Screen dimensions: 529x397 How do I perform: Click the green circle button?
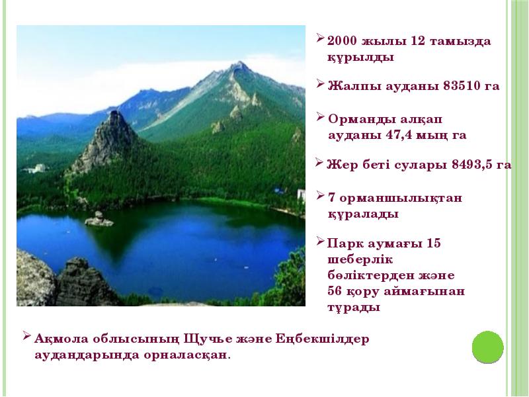487,347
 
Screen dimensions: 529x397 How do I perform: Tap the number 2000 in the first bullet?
342,41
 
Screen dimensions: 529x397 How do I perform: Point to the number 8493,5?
471,165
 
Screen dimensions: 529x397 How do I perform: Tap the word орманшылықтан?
401,198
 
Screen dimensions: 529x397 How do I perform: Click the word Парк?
343,243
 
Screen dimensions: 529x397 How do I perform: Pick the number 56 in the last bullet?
335,291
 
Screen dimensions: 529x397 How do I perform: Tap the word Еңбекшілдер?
322,339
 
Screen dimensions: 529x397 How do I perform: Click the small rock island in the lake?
99,220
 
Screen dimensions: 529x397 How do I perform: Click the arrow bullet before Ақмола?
26,336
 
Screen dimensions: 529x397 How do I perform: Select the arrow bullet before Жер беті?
319,162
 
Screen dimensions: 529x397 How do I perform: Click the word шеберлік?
360,259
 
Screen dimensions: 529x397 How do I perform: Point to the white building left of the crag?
37,168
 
